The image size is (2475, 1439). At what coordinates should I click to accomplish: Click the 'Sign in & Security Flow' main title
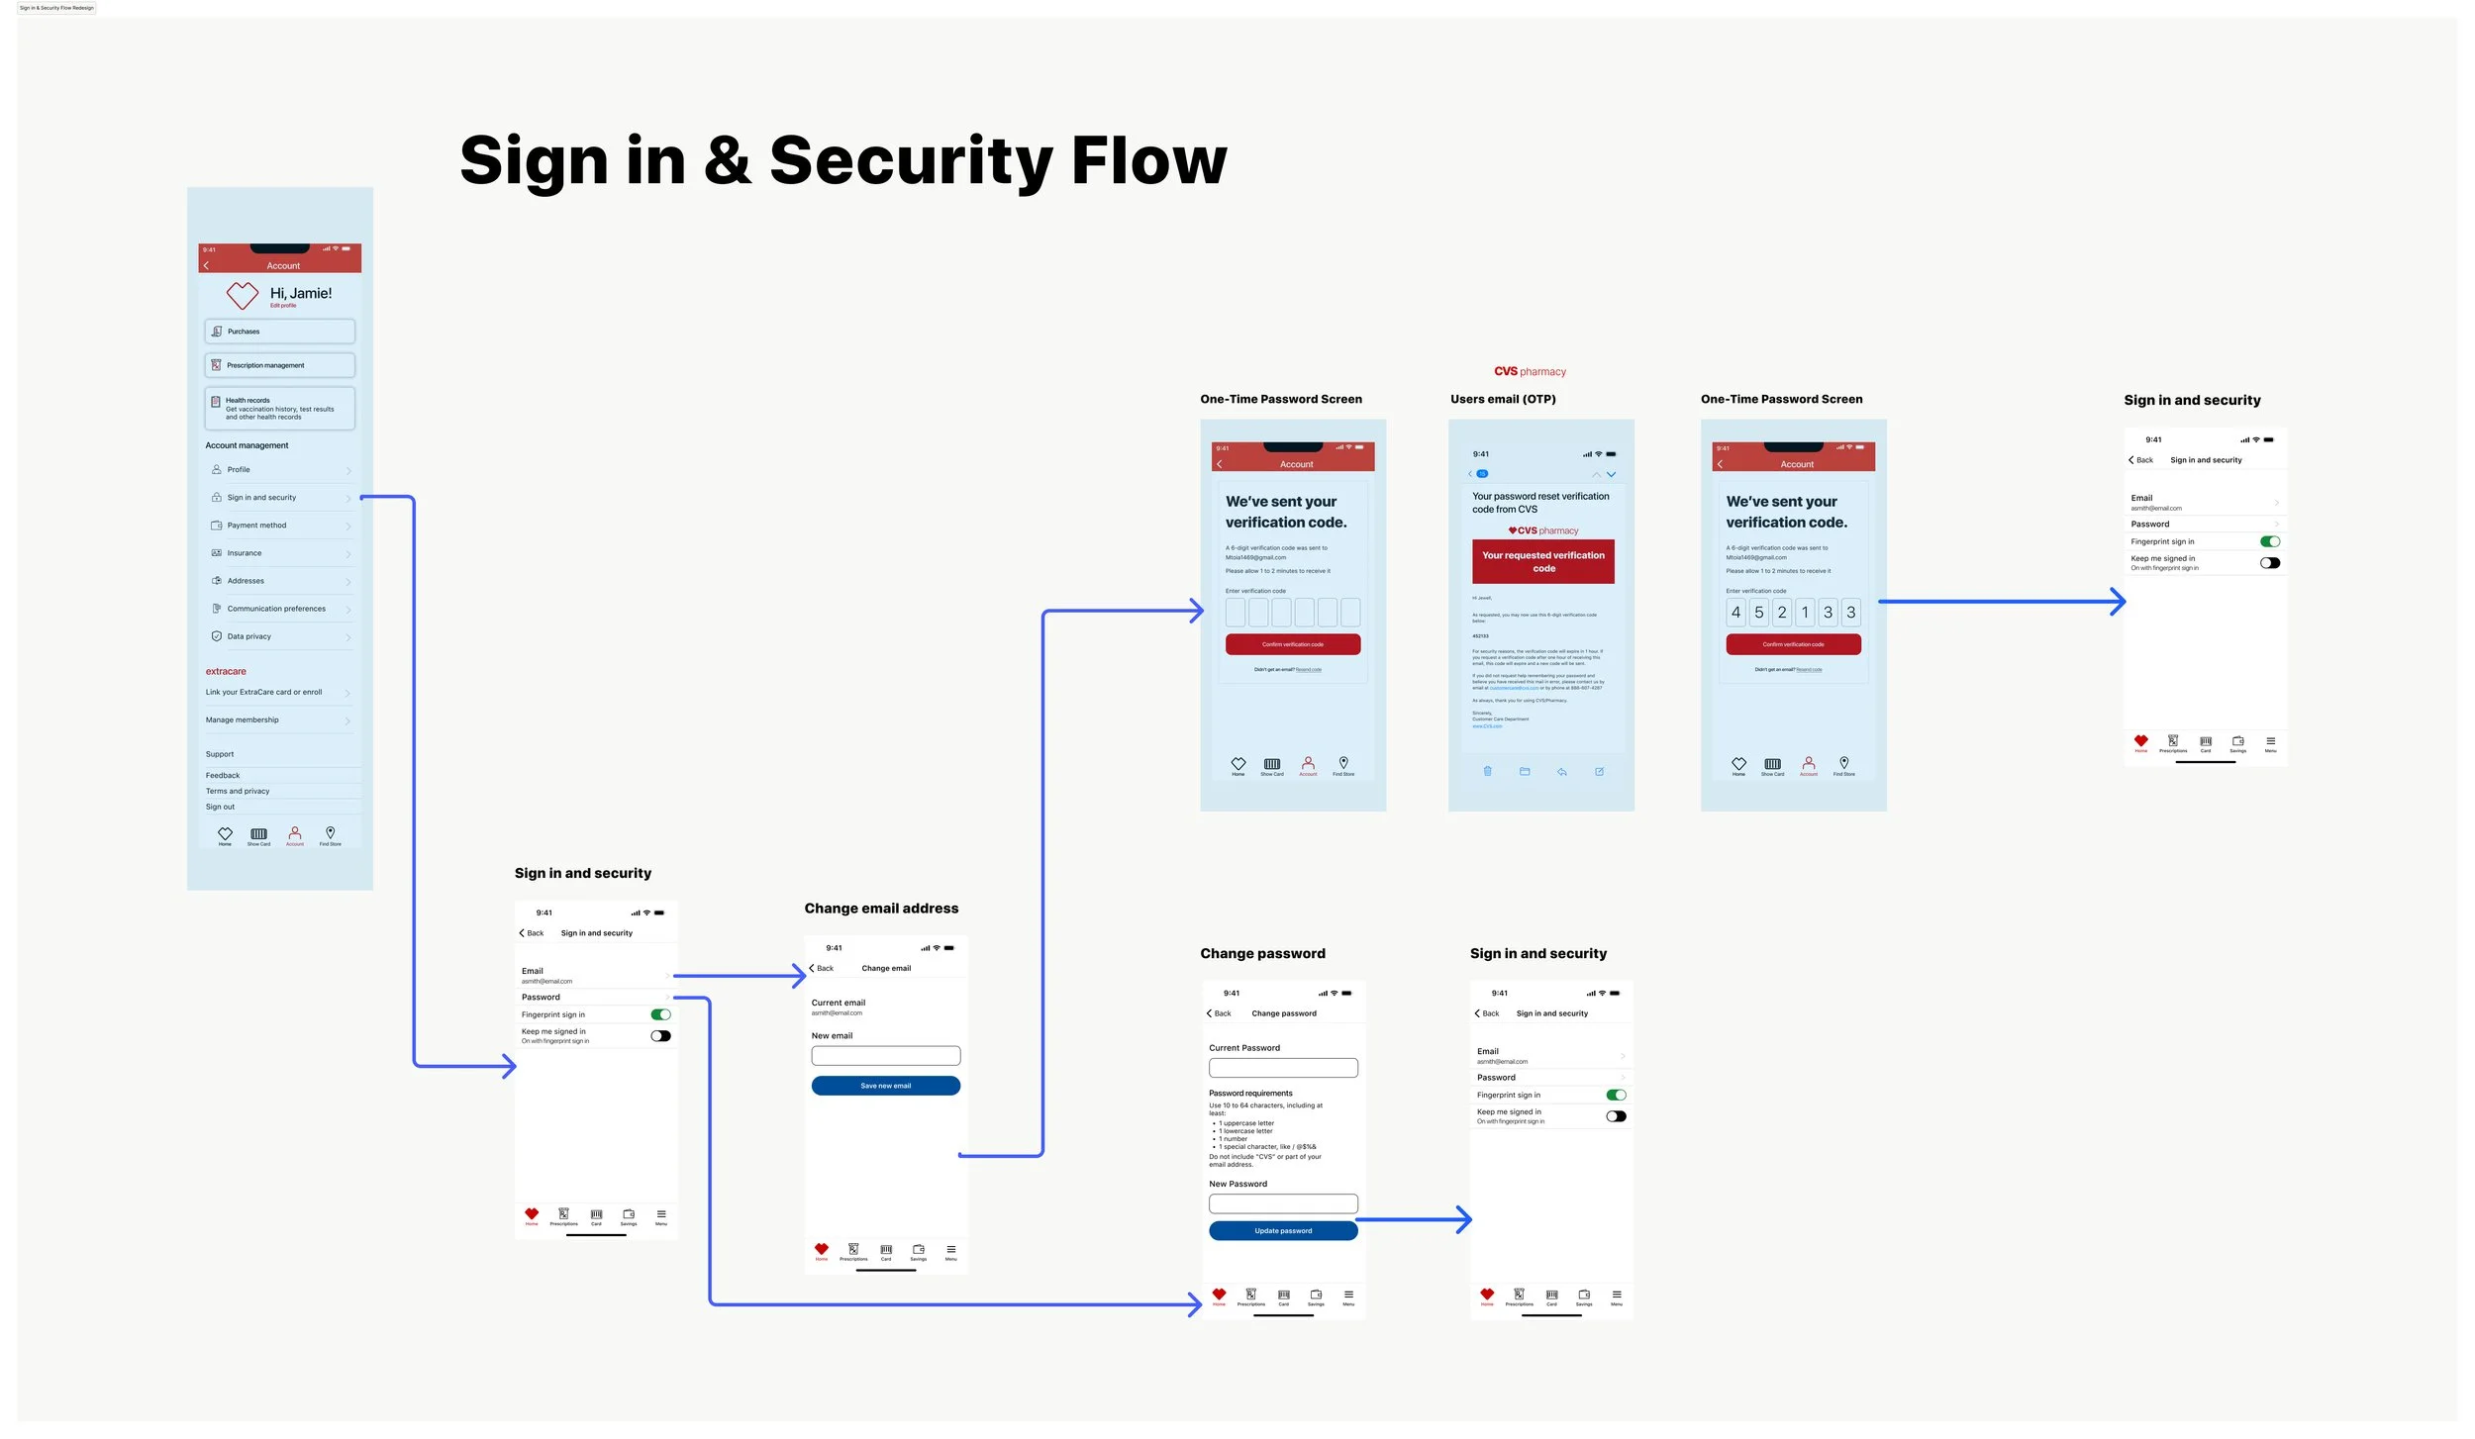point(842,160)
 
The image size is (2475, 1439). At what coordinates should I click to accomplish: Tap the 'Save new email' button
point(885,1086)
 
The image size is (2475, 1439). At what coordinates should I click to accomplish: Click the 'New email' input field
point(885,1055)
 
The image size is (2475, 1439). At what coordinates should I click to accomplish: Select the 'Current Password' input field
point(1282,1068)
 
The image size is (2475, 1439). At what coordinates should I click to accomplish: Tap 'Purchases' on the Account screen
point(279,332)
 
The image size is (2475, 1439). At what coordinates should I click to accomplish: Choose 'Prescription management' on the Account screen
point(279,365)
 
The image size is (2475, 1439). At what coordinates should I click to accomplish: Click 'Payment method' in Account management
point(257,526)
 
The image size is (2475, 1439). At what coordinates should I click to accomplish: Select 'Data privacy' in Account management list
point(249,636)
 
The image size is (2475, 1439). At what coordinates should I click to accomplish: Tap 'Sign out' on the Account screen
point(221,807)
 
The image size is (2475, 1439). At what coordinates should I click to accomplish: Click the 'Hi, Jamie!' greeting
point(301,293)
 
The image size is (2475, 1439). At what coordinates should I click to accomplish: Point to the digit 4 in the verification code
point(1735,613)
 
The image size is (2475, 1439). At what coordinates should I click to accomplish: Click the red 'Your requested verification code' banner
point(1542,561)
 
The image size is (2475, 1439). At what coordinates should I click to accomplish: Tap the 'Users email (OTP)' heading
point(1503,399)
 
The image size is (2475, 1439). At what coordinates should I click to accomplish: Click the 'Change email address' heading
point(881,908)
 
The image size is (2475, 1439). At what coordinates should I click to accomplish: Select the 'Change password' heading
point(1262,953)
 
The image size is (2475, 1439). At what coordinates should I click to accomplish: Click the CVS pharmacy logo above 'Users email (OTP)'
point(1530,371)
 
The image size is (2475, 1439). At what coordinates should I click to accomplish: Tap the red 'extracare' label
point(226,671)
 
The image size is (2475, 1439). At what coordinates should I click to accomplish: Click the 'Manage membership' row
point(243,719)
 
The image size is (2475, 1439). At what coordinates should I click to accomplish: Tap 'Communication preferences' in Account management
point(276,609)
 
